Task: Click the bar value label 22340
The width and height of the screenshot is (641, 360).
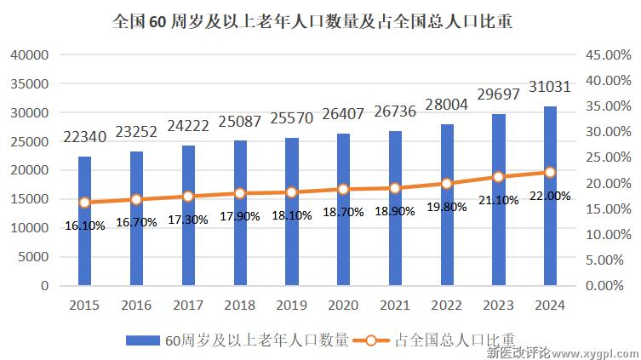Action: [84, 137]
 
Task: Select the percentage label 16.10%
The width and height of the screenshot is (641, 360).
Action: [84, 226]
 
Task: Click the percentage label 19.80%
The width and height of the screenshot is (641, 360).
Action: [447, 206]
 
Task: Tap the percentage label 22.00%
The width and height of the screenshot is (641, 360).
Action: [550, 196]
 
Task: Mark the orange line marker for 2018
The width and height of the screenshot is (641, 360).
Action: [240, 193]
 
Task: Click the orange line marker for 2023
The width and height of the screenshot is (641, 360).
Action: [499, 177]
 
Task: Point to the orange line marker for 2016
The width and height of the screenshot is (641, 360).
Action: [136, 199]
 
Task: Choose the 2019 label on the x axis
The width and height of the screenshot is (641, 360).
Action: [292, 305]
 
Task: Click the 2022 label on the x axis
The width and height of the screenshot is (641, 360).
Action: [447, 305]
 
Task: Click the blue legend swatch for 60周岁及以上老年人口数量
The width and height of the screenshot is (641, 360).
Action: [144, 340]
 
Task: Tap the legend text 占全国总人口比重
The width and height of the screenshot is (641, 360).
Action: [456, 340]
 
